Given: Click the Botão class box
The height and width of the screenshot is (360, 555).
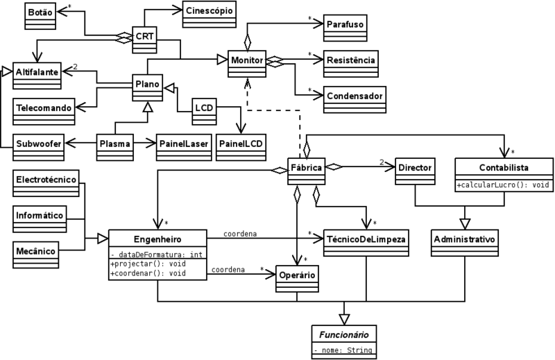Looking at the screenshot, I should pyautogui.click(x=40, y=12).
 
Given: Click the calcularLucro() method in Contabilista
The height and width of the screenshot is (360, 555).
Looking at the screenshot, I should pyautogui.click(x=493, y=185).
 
